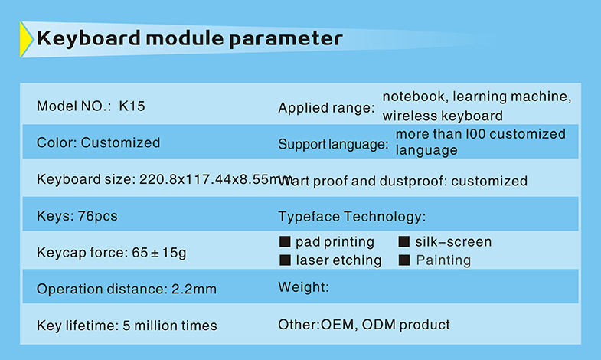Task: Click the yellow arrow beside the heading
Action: (x=26, y=40)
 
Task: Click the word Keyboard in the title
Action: (x=89, y=39)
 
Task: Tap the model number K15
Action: (x=132, y=106)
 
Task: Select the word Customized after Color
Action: (x=120, y=142)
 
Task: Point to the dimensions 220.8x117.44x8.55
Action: (x=204, y=179)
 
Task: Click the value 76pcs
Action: (x=97, y=216)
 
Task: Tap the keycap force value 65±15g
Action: (x=159, y=253)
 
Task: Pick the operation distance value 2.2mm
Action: (x=194, y=289)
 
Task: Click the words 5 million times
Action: (x=169, y=326)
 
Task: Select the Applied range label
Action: (x=326, y=108)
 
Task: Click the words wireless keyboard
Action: (x=443, y=116)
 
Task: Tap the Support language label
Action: (x=333, y=144)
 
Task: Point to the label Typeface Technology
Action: (x=352, y=217)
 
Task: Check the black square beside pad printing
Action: (x=285, y=241)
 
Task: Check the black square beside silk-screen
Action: (x=404, y=241)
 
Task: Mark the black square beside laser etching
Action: (x=285, y=260)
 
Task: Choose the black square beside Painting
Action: (x=404, y=260)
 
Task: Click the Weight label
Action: (x=304, y=287)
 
